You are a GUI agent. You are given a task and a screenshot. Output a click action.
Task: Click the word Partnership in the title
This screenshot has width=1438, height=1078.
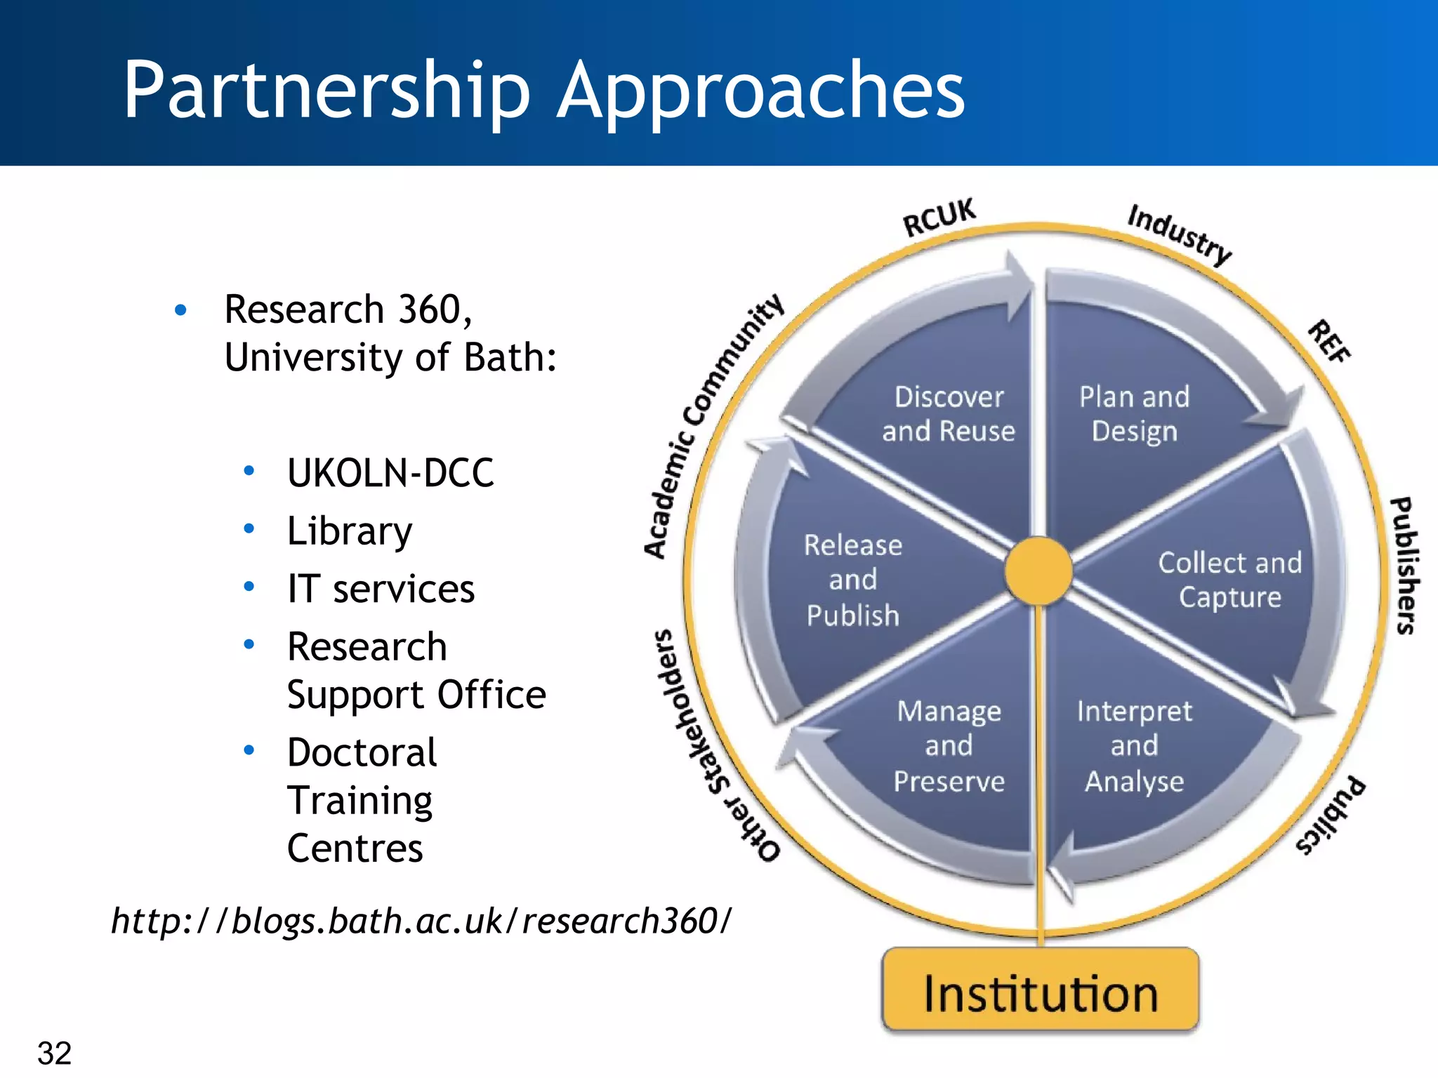point(326,91)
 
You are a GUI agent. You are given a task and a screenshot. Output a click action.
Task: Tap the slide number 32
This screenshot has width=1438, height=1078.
point(55,1053)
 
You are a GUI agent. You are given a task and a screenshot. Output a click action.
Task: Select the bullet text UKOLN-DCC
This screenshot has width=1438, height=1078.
point(390,472)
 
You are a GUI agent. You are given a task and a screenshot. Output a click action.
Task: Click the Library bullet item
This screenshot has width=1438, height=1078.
point(350,531)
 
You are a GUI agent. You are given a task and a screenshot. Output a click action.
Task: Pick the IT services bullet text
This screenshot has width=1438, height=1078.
point(381,589)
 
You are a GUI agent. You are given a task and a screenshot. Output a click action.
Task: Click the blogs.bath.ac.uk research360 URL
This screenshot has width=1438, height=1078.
point(421,921)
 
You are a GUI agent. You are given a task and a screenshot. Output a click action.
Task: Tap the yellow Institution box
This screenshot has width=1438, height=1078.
point(1040,992)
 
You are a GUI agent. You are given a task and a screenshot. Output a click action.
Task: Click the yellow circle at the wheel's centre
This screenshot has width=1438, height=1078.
point(1038,571)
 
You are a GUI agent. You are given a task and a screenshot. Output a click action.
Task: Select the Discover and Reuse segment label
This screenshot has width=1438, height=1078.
point(949,414)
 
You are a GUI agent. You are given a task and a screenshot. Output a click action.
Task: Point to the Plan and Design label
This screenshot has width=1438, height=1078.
point(1134,414)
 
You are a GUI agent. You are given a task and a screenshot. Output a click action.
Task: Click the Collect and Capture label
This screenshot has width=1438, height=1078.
point(1229,580)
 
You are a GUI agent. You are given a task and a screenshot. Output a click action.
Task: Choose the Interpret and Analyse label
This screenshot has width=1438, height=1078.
point(1134,746)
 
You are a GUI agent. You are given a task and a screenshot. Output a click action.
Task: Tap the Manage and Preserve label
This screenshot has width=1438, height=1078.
point(949,746)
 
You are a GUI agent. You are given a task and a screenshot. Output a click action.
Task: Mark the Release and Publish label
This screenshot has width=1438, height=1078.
point(852,580)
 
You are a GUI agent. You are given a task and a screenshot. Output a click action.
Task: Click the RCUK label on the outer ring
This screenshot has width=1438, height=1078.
point(939,218)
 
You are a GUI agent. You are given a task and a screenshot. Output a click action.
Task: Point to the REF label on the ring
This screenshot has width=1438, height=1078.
point(1328,342)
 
